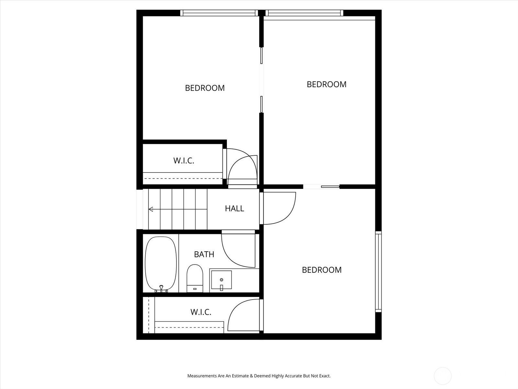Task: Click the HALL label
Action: pyautogui.click(x=234, y=208)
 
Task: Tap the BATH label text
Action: pyautogui.click(x=204, y=254)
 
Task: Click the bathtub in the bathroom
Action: pyautogui.click(x=161, y=264)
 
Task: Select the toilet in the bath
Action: pyautogui.click(x=195, y=278)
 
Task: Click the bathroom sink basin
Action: pyautogui.click(x=221, y=280)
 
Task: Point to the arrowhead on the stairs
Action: pyautogui.click(x=151, y=209)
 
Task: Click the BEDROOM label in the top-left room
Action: pyautogui.click(x=205, y=88)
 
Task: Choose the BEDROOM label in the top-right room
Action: pyautogui.click(x=326, y=84)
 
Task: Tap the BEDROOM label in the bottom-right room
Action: pyautogui.click(x=322, y=270)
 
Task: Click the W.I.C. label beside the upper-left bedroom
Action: pyautogui.click(x=184, y=160)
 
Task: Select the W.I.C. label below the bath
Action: pyautogui.click(x=201, y=312)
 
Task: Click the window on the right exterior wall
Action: pyautogui.click(x=378, y=272)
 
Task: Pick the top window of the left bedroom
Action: pyautogui.click(x=219, y=13)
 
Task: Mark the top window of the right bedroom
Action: pyautogui.click(x=304, y=13)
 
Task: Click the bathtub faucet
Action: pyautogui.click(x=161, y=289)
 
